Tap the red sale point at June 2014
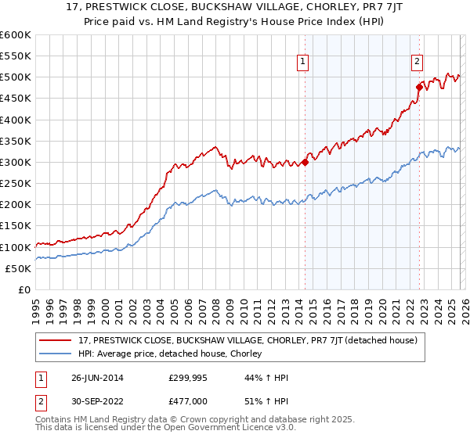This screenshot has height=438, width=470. click(x=305, y=163)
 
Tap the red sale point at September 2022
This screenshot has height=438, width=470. click(x=419, y=87)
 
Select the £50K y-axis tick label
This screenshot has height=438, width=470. click(x=18, y=268)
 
